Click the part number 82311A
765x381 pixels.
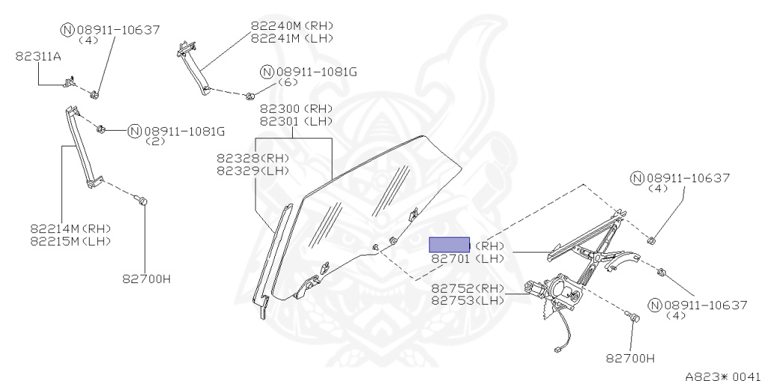point(38,56)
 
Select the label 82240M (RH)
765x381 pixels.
point(292,25)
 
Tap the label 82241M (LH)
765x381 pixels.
point(292,37)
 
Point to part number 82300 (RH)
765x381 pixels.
point(296,109)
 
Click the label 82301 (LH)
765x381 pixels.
point(296,121)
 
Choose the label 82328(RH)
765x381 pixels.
point(253,158)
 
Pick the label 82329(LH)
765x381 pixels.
point(253,170)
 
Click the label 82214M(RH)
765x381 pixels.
point(71,228)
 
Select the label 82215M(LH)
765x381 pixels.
point(71,241)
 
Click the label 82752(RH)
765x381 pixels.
point(468,288)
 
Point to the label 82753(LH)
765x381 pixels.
point(468,300)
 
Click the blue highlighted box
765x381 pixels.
point(448,244)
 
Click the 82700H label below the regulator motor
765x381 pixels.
point(630,358)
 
